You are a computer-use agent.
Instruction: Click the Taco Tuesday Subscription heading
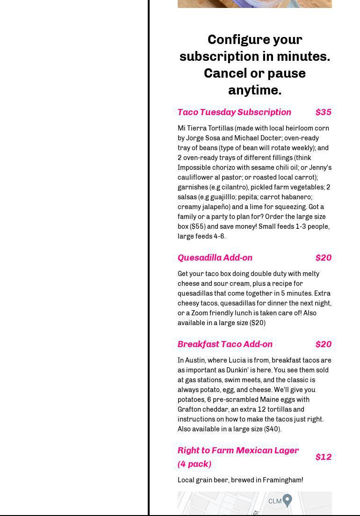point(234,112)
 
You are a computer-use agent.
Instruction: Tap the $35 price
point(323,112)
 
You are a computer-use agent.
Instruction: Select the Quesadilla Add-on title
point(215,258)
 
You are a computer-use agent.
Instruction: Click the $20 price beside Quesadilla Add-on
point(323,258)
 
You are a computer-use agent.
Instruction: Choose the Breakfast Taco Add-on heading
point(225,344)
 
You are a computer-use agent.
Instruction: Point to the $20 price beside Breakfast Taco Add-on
point(323,344)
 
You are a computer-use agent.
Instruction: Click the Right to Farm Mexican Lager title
point(238,451)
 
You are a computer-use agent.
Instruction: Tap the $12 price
point(323,457)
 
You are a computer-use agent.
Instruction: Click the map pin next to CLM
point(288,500)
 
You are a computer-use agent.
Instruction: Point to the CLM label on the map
point(275,501)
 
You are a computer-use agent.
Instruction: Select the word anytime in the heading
point(254,90)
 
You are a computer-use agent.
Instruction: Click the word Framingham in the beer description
point(282,480)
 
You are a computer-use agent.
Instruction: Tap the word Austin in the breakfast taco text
point(195,360)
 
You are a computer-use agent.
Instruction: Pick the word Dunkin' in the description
point(238,370)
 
